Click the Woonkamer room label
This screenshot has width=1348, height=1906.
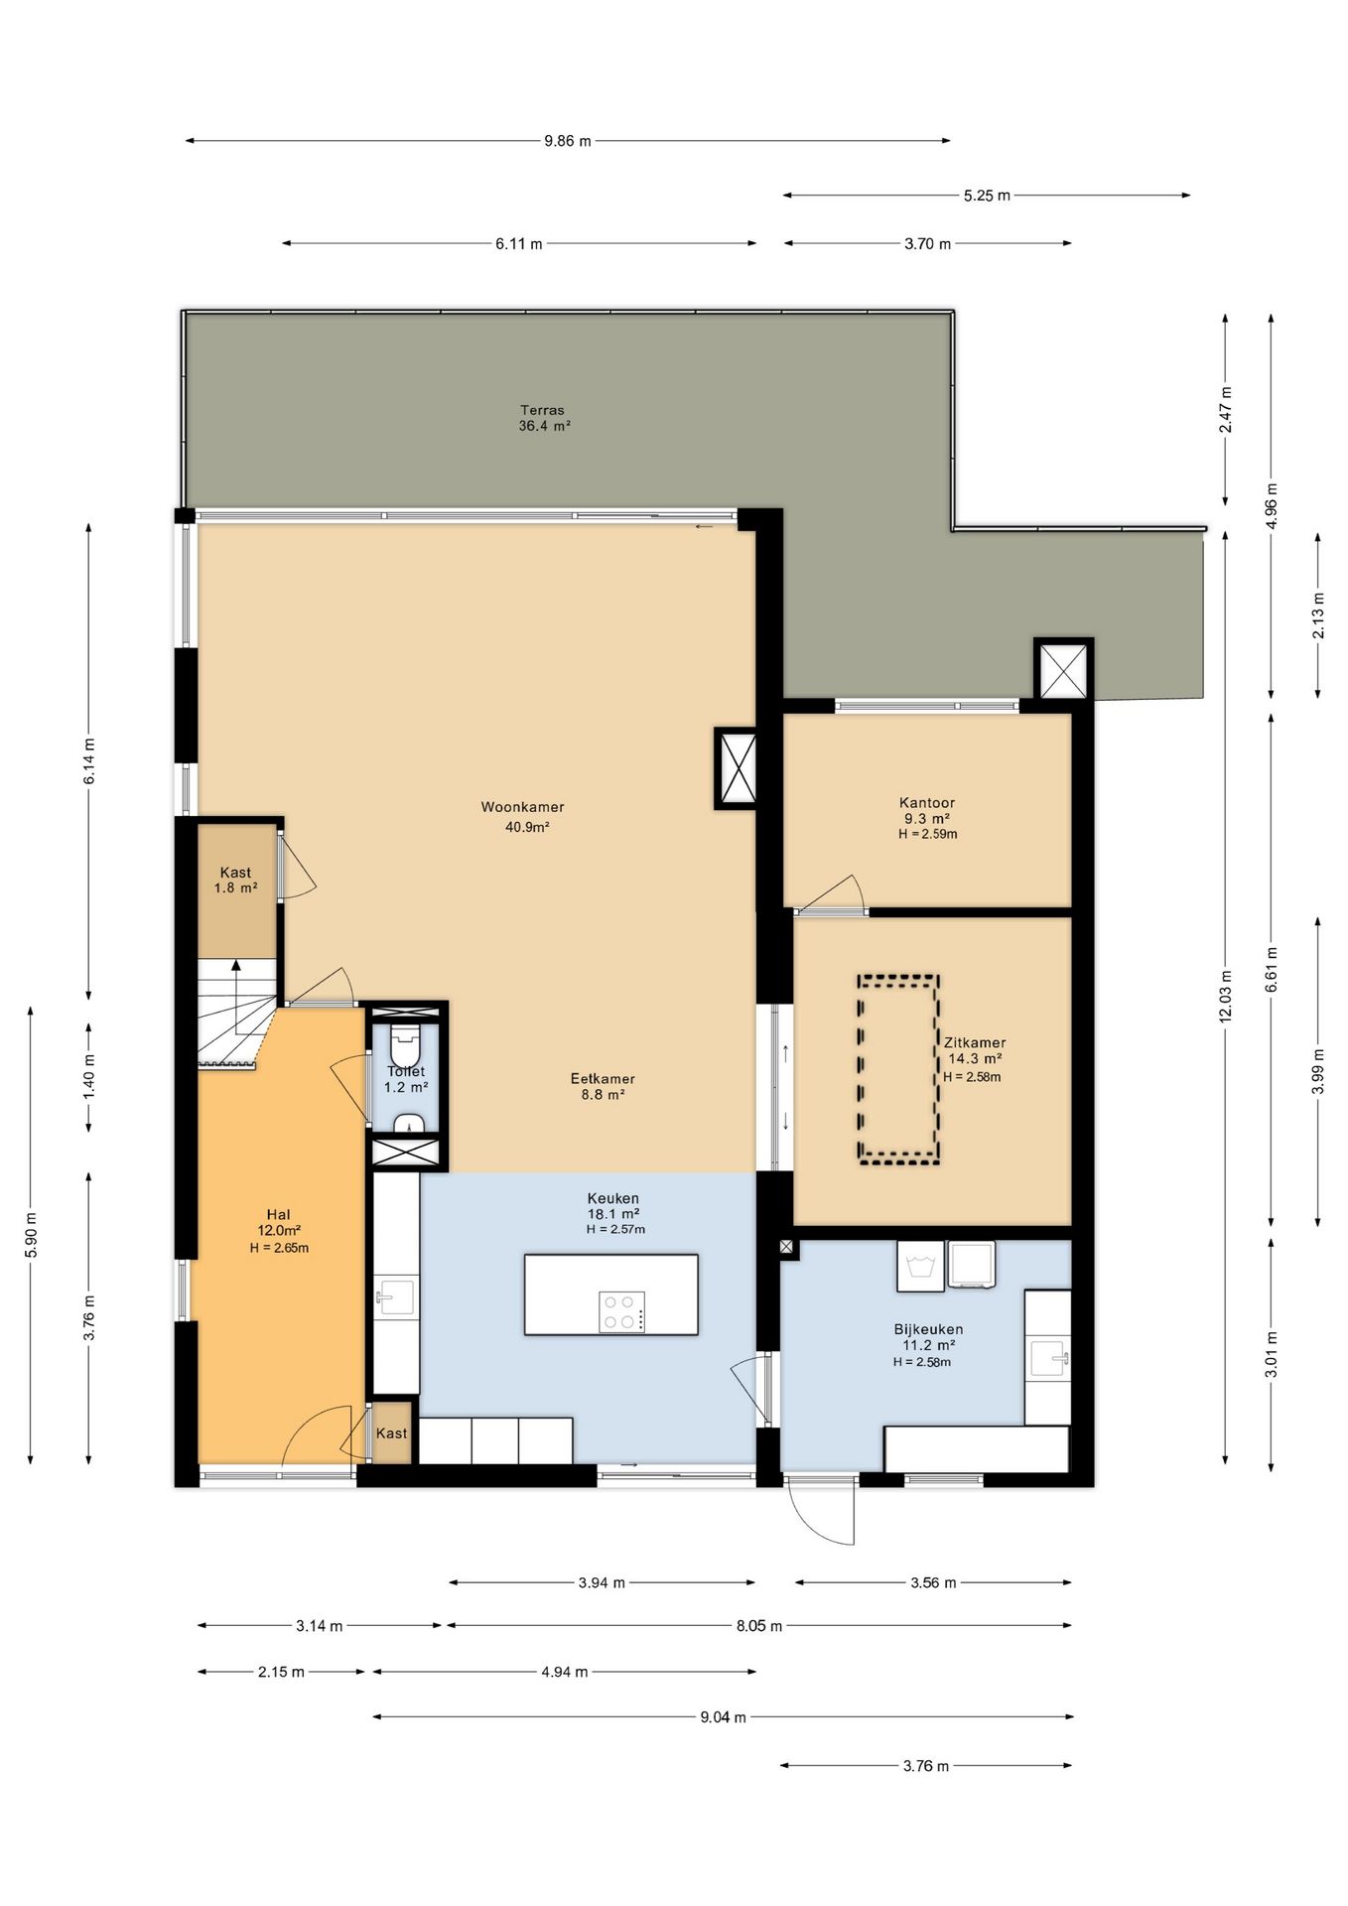(522, 807)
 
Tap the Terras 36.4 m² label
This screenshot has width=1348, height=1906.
(544, 418)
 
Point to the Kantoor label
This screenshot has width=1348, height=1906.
(927, 803)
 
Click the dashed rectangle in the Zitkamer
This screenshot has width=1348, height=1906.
(898, 1069)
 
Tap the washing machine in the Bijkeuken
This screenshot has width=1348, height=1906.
(921, 1266)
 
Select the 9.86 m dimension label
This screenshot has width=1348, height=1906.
(567, 141)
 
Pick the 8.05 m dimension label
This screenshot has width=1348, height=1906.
(759, 1626)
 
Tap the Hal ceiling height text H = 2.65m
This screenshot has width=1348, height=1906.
(279, 1248)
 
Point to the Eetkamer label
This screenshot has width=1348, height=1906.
(603, 1079)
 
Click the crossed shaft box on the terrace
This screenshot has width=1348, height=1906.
(1063, 669)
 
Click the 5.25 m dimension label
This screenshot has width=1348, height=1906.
(987, 196)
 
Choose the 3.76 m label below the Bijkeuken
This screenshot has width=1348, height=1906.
(925, 1766)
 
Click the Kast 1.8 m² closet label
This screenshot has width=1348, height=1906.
(236, 881)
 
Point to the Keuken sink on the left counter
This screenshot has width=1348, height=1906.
(395, 1296)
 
